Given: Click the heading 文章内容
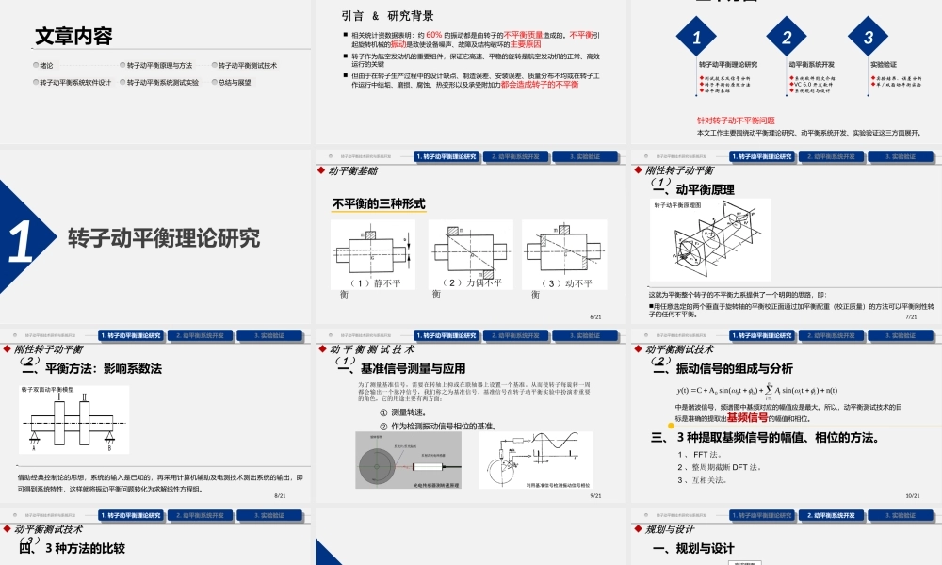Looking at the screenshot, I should (x=73, y=37).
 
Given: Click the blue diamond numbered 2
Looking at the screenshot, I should (x=787, y=39).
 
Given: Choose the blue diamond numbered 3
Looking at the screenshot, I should (x=868, y=39).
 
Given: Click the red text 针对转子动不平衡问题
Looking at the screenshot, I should (x=735, y=121).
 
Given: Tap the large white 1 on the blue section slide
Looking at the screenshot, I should (x=21, y=239).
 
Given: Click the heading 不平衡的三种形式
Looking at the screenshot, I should (x=379, y=203).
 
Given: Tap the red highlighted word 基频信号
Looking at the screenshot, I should (x=747, y=417).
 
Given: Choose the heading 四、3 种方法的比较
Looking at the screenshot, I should (x=73, y=548).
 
